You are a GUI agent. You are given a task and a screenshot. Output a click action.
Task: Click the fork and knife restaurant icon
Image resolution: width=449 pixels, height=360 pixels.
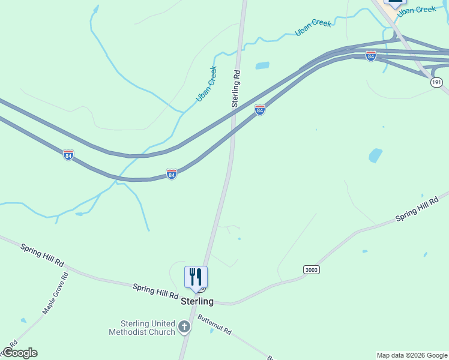(196, 277)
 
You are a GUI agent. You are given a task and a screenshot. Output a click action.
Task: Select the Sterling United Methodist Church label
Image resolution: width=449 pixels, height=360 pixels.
(142, 327)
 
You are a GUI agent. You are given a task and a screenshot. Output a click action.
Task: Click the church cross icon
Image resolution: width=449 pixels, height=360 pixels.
(184, 327)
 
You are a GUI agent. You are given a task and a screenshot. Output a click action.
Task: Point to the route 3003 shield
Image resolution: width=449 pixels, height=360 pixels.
(312, 270)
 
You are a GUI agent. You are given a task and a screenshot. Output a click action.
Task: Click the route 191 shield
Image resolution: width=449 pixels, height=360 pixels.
(436, 83)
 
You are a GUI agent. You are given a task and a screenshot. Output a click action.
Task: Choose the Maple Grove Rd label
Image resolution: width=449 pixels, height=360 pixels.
(55, 293)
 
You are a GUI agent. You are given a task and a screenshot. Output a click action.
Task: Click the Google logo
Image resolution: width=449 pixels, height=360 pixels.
(20, 353)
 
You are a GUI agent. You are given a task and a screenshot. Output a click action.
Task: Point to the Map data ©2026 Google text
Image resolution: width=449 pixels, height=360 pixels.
(412, 355)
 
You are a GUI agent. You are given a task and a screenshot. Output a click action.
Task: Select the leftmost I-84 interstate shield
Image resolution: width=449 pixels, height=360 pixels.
(68, 155)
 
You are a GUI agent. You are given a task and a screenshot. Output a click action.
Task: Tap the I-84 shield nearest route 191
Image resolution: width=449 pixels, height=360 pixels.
(371, 56)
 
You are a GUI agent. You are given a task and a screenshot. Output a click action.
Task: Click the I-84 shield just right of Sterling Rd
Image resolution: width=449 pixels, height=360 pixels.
(259, 110)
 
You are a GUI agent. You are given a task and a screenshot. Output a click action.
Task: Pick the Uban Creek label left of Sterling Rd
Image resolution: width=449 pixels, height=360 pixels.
(206, 84)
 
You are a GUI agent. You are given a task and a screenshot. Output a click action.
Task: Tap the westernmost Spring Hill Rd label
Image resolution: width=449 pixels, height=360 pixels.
(42, 255)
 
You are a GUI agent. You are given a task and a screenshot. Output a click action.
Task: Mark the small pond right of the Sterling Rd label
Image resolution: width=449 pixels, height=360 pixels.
(262, 65)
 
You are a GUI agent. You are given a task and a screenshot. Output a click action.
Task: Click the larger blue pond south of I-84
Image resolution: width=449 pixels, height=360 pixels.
(375, 155)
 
